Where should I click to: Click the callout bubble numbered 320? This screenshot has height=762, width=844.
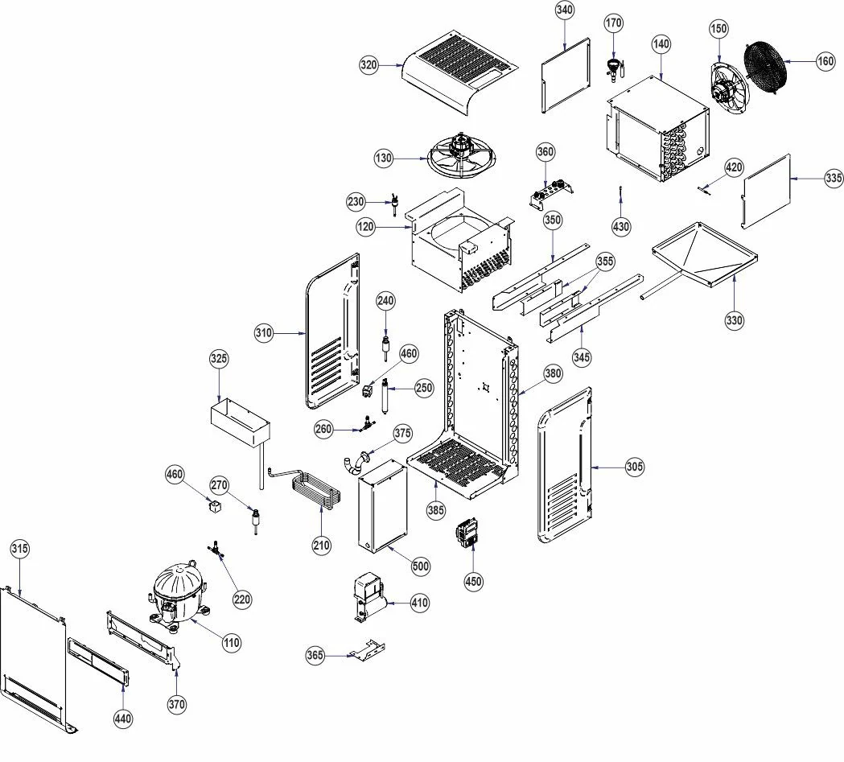[x=368, y=65]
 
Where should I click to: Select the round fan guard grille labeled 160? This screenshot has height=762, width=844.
[x=765, y=63]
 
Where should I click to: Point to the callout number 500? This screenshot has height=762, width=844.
[x=420, y=566]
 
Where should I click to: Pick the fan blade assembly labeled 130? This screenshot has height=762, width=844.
[x=461, y=155]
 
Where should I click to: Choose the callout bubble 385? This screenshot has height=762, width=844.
[x=436, y=509]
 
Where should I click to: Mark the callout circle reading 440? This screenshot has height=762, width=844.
[x=123, y=719]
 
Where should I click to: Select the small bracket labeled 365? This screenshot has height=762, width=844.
[x=368, y=649]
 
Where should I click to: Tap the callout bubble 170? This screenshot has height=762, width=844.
[x=614, y=23]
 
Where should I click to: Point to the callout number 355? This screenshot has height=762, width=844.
[x=605, y=261]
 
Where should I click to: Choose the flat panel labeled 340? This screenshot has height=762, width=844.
[x=566, y=75]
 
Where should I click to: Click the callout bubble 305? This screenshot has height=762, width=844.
[x=635, y=467]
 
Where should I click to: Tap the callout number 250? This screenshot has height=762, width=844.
[x=424, y=388]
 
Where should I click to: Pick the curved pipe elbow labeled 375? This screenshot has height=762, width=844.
[x=357, y=463]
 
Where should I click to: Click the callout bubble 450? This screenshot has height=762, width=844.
[x=473, y=581]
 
